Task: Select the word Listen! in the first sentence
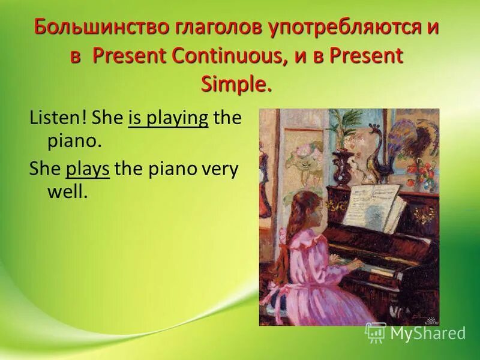[x=59, y=118]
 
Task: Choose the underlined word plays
[x=88, y=169]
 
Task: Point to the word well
[x=67, y=193]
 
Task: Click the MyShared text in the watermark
[x=427, y=334]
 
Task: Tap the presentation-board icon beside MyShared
[x=375, y=332]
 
